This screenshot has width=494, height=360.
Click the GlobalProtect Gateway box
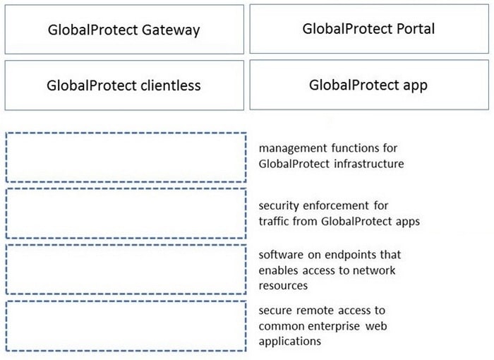[124, 30]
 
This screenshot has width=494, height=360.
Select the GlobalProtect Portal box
[369, 29]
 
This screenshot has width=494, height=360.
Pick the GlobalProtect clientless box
[124, 85]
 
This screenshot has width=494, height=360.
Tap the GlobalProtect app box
[369, 85]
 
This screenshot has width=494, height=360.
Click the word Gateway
[171, 30]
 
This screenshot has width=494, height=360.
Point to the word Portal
[416, 29]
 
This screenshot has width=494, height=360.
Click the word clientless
[171, 85]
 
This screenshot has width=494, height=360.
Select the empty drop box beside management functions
[126, 157]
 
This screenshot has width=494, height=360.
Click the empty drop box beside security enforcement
[126, 213]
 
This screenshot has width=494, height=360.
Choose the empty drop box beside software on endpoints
[126, 270]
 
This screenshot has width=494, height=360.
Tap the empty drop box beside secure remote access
[126, 326]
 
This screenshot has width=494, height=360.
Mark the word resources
[283, 286]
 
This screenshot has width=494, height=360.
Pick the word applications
[290, 342]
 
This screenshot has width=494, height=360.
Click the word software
[281, 254]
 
